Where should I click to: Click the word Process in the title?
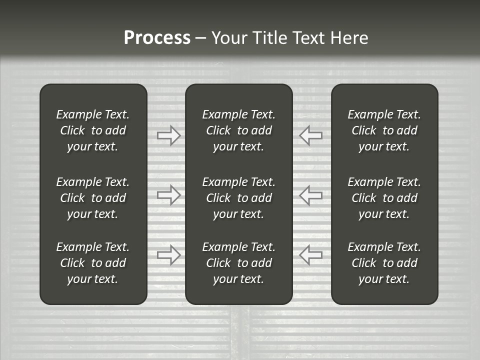157,38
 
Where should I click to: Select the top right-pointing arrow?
168,135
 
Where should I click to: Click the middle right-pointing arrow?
168,195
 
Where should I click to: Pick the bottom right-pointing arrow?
168,254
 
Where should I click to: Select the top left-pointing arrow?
310,135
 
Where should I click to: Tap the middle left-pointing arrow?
310,195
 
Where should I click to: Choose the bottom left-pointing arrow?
310,254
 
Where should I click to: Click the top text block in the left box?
93,130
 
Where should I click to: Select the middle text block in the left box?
93,198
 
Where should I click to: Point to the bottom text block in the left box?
93,263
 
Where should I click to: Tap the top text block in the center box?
238,130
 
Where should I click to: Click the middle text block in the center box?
238,198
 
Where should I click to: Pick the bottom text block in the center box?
238,263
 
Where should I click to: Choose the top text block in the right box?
384,130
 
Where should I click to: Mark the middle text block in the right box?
384,198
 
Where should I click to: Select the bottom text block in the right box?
384,263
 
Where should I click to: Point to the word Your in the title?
229,38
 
